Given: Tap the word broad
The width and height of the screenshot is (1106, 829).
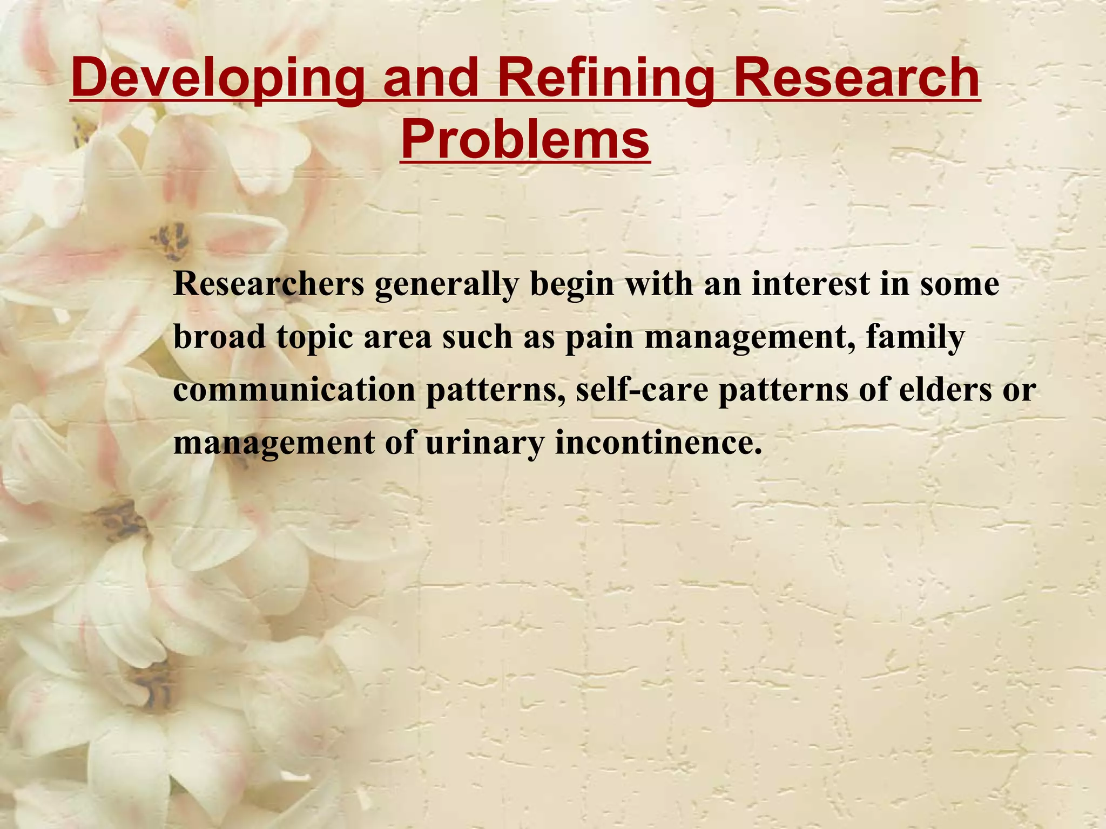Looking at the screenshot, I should click(219, 337).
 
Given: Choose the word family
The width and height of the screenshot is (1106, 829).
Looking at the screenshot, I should click(915, 338).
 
